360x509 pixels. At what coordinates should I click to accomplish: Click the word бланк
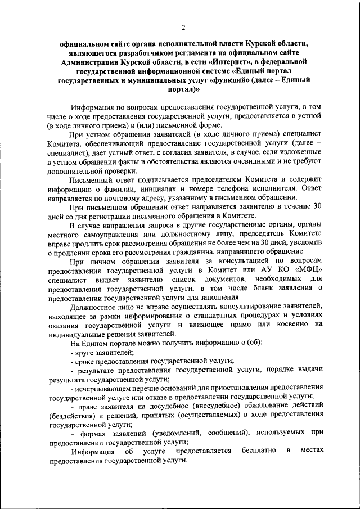258,289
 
